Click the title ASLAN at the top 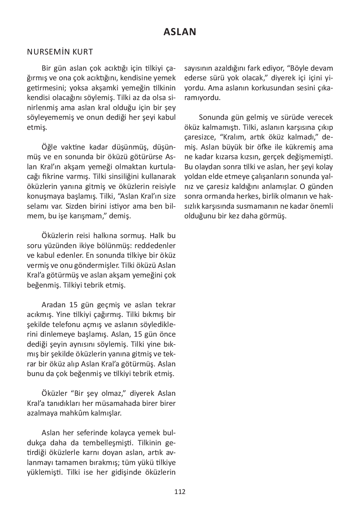pyautogui.click(x=180, y=32)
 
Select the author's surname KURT pyautogui.click(x=83, y=52)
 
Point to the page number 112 pyautogui.click(x=180, y=492)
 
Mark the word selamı pyautogui.click(x=38, y=206)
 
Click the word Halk pyautogui.click(x=157, y=236)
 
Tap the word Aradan pyautogui.click(x=54, y=305)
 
